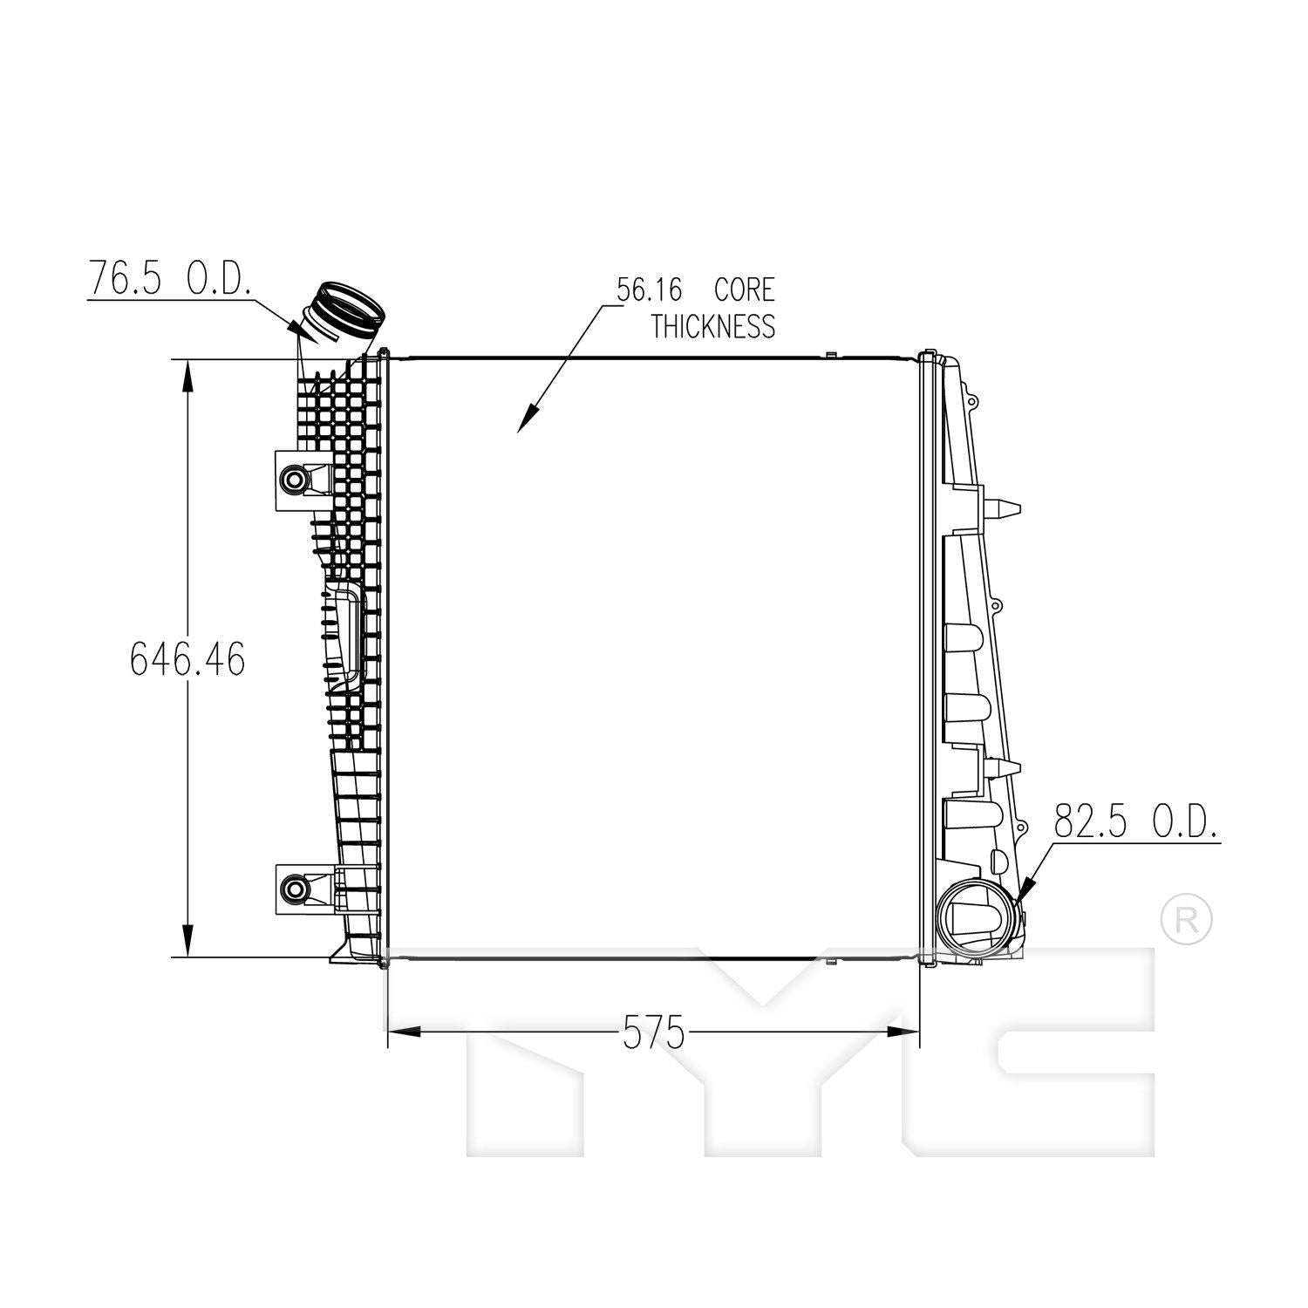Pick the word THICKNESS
click(x=712, y=326)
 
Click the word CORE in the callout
click(x=744, y=289)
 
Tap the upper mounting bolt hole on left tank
click(x=294, y=479)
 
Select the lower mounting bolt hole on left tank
click(x=294, y=889)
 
